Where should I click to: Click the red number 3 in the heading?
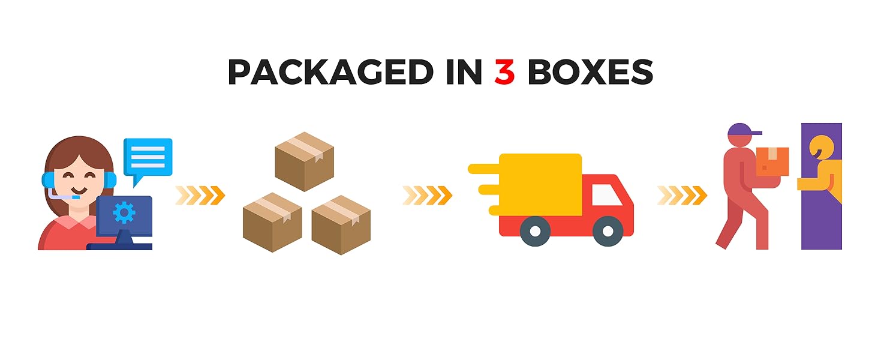point(504,72)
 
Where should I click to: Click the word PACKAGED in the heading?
point(330,72)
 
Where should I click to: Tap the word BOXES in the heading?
point(590,72)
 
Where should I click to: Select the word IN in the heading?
point(464,72)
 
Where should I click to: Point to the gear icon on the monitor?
point(124,212)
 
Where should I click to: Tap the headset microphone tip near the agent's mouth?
point(76,197)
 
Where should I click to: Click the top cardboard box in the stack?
point(305,161)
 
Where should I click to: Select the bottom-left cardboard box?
point(272,223)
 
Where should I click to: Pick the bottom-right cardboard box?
point(341,225)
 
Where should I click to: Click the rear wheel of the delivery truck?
point(535,231)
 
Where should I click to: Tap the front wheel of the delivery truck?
point(608,231)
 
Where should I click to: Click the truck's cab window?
point(606,195)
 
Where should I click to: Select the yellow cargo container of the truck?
point(540,184)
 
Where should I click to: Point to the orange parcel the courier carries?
point(772,161)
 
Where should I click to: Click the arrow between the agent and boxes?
point(200,195)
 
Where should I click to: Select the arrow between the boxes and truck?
point(428,195)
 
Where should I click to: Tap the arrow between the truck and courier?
point(682,195)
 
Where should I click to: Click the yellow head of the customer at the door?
point(822,147)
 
